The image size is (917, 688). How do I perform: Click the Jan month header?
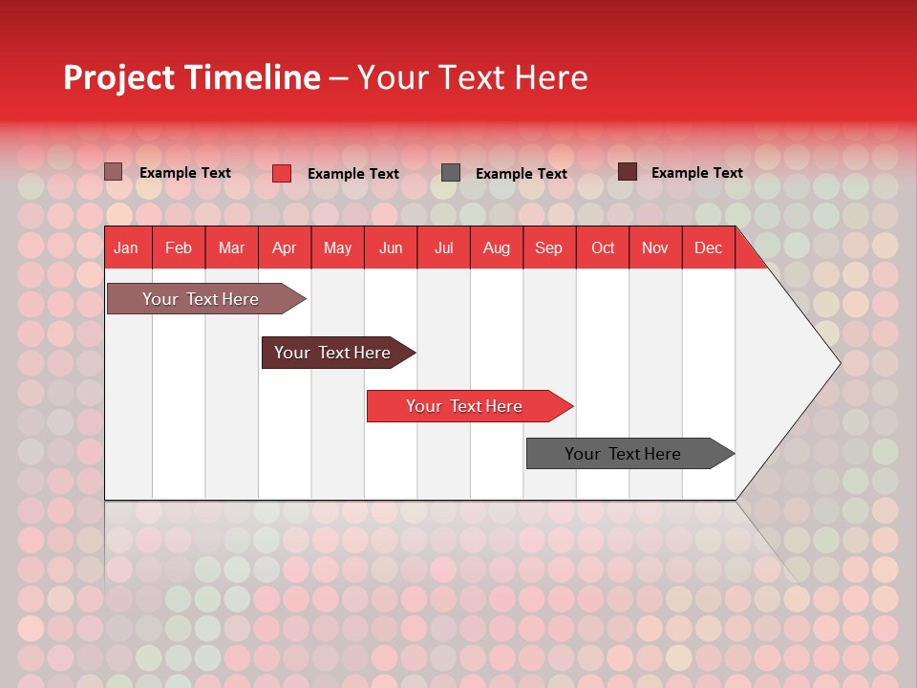click(126, 248)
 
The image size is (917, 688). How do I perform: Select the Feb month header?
click(179, 248)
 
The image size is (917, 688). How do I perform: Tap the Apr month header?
click(284, 248)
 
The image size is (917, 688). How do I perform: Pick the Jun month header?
click(391, 248)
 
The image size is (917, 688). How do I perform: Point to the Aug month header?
click(496, 248)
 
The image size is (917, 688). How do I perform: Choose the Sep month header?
click(548, 248)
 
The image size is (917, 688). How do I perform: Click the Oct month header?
click(603, 248)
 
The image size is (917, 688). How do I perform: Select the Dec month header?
click(708, 248)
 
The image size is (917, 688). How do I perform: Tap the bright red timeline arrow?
click(465, 406)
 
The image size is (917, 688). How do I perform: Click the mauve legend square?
click(114, 172)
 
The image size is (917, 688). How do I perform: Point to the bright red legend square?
click(282, 173)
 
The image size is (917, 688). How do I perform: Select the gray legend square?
click(451, 173)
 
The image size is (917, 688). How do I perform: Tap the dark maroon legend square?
click(628, 172)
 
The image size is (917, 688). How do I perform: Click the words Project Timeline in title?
click(191, 77)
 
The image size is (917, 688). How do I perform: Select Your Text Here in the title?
click(472, 77)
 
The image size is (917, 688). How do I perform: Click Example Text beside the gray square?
click(521, 174)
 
